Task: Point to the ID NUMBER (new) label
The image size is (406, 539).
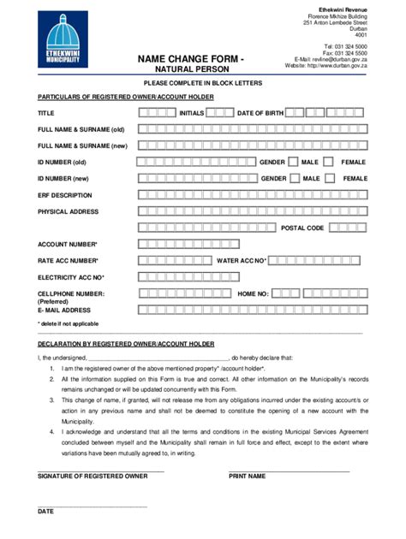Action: [63, 178]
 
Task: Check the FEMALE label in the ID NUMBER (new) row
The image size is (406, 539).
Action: [355, 178]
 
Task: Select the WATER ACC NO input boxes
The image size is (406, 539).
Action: [318, 260]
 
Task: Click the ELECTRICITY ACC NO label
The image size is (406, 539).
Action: [70, 276]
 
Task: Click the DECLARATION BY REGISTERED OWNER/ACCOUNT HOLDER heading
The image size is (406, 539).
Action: [126, 343]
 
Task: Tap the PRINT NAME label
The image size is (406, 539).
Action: [247, 476]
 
